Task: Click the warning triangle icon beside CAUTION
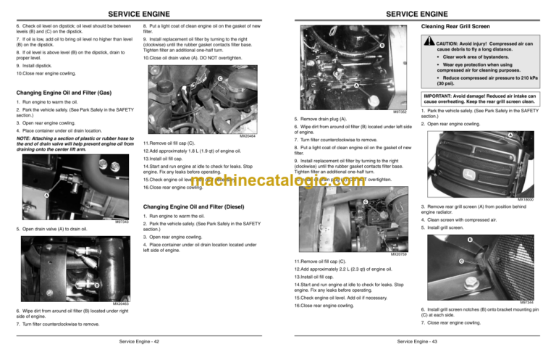429,41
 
